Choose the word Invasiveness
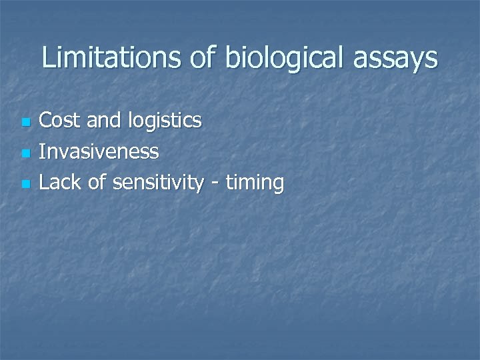(x=99, y=151)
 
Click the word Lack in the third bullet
(x=61, y=181)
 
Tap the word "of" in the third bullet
(x=97, y=181)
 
